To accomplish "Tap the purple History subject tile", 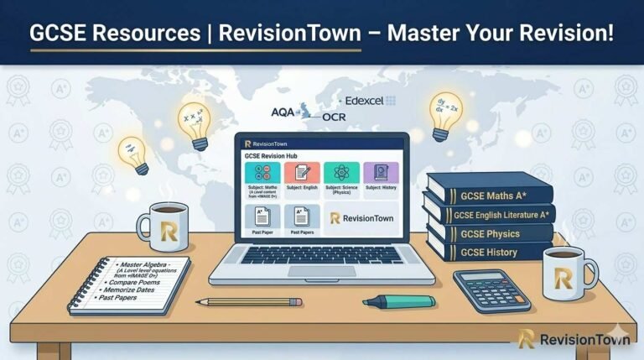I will [381, 178].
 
